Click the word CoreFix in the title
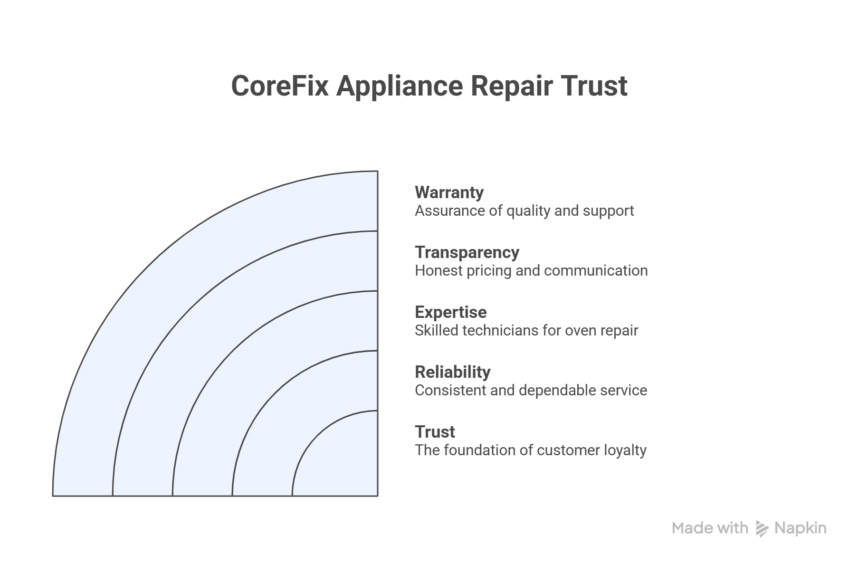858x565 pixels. pyautogui.click(x=279, y=86)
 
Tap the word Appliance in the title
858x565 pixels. pyautogui.click(x=400, y=86)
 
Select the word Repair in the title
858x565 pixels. pyautogui.click(x=511, y=86)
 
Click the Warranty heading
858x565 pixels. pyautogui.click(x=449, y=192)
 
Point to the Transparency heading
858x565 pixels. pyautogui.click(x=467, y=252)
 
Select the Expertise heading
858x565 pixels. pyautogui.click(x=450, y=312)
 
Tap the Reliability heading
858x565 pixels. pyautogui.click(x=452, y=372)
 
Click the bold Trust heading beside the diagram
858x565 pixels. pyautogui.click(x=435, y=432)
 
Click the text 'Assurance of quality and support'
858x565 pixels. pyautogui.click(x=524, y=211)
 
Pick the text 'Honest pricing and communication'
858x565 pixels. pyautogui.click(x=531, y=270)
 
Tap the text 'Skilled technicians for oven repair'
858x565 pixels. pyautogui.click(x=526, y=330)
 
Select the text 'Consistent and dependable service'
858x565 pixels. pyautogui.click(x=531, y=390)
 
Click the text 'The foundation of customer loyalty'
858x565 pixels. pyautogui.click(x=530, y=450)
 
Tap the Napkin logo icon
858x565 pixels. pyautogui.click(x=762, y=528)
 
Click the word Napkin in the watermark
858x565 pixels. pyautogui.click(x=801, y=528)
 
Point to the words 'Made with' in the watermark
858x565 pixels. pyautogui.click(x=710, y=528)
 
